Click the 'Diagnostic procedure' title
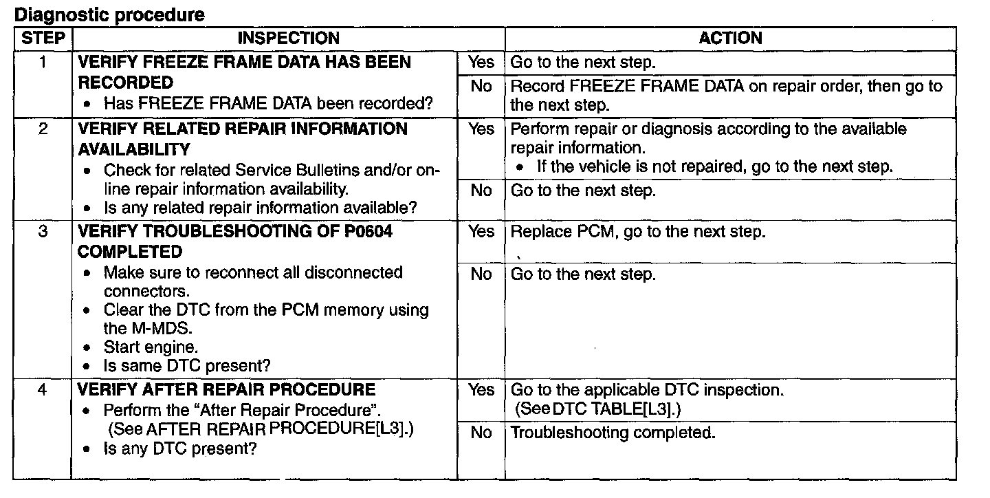click(109, 14)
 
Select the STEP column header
click(43, 39)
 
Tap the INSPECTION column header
click(289, 39)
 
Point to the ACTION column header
click(730, 39)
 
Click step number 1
click(43, 63)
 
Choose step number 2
click(43, 129)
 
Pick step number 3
click(43, 232)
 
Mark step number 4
click(43, 390)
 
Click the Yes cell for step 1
click(481, 63)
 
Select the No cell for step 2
click(481, 191)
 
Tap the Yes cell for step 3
click(481, 232)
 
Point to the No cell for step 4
click(481, 433)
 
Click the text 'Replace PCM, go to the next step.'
click(637, 232)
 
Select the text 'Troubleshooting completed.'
click(613, 433)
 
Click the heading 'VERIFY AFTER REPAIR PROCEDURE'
click(227, 390)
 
